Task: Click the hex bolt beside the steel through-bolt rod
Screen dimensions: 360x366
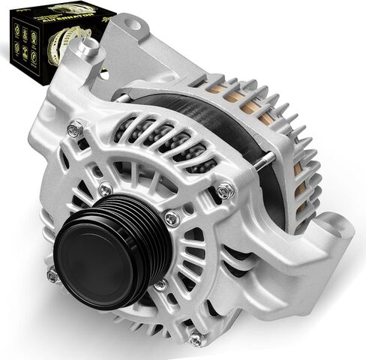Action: click(x=225, y=193)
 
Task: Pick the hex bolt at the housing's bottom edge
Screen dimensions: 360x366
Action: click(x=196, y=339)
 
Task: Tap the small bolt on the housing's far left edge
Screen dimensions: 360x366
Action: click(x=52, y=276)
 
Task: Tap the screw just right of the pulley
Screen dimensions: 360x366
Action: click(x=172, y=218)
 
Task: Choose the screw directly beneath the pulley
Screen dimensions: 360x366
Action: click(x=160, y=285)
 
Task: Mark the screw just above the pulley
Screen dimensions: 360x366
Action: click(x=106, y=187)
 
